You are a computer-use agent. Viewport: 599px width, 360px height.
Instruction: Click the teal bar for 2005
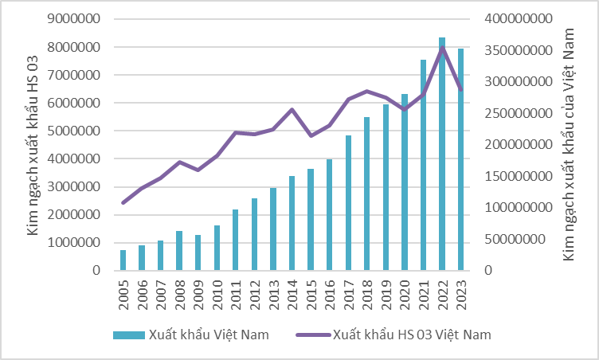(x=123, y=260)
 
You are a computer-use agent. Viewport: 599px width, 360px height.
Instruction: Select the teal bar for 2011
(x=236, y=240)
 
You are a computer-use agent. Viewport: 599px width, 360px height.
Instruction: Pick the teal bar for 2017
(x=348, y=203)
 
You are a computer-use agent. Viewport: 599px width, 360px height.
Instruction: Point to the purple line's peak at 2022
(x=442, y=48)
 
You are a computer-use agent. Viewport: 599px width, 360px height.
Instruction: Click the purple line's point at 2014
(x=292, y=110)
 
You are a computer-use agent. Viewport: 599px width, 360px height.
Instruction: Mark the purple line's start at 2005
(x=123, y=203)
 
